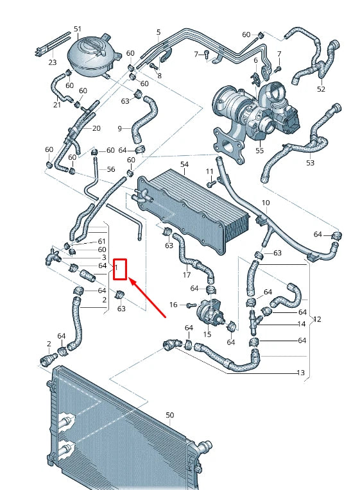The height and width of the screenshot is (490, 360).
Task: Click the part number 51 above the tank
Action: click(x=78, y=30)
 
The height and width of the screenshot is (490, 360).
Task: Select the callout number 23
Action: click(x=53, y=62)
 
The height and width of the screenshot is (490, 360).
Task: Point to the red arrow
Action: click(x=148, y=297)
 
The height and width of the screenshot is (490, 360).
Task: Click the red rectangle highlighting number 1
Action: click(x=121, y=270)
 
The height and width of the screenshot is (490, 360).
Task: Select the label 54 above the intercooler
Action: click(x=184, y=165)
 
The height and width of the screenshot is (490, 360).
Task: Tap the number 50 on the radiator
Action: click(x=169, y=416)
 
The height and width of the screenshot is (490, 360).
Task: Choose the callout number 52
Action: click(x=321, y=89)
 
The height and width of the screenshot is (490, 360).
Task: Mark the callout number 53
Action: click(x=310, y=164)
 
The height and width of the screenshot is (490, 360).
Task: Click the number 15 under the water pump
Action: click(x=207, y=335)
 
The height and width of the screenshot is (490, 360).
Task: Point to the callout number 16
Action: click(x=173, y=305)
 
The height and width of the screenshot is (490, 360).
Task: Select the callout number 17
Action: click(x=187, y=275)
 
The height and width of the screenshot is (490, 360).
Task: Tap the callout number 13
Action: click(x=300, y=373)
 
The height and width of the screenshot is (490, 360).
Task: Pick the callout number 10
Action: click(x=266, y=203)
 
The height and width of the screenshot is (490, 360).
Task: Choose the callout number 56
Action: click(x=110, y=170)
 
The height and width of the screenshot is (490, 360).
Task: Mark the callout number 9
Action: click(x=119, y=129)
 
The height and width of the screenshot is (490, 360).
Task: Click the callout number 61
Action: click(x=102, y=241)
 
